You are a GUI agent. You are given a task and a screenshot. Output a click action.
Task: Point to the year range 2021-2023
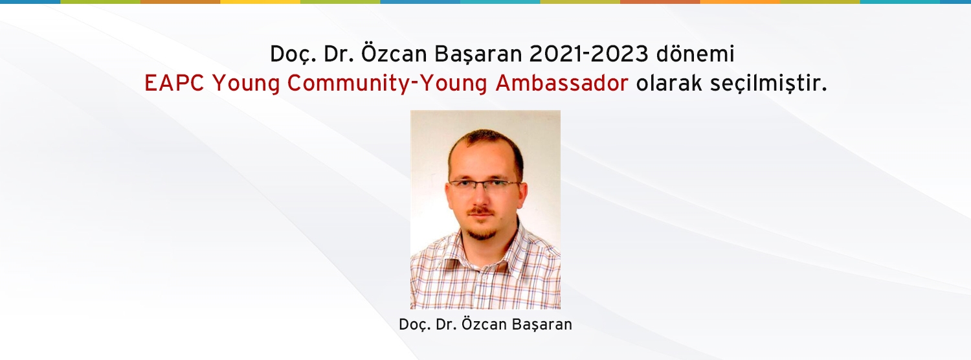click(x=588, y=54)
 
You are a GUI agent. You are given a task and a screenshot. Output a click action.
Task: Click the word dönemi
click(x=695, y=54)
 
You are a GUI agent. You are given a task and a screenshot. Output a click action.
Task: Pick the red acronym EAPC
click(x=174, y=83)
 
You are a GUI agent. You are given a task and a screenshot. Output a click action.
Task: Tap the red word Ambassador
click(x=562, y=83)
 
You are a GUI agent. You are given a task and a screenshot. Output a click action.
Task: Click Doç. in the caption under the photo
click(x=415, y=325)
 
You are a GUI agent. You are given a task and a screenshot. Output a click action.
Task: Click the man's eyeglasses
click(x=485, y=187)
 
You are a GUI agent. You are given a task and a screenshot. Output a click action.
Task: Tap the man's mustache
click(x=482, y=211)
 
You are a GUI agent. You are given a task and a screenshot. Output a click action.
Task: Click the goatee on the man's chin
click(x=481, y=234)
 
